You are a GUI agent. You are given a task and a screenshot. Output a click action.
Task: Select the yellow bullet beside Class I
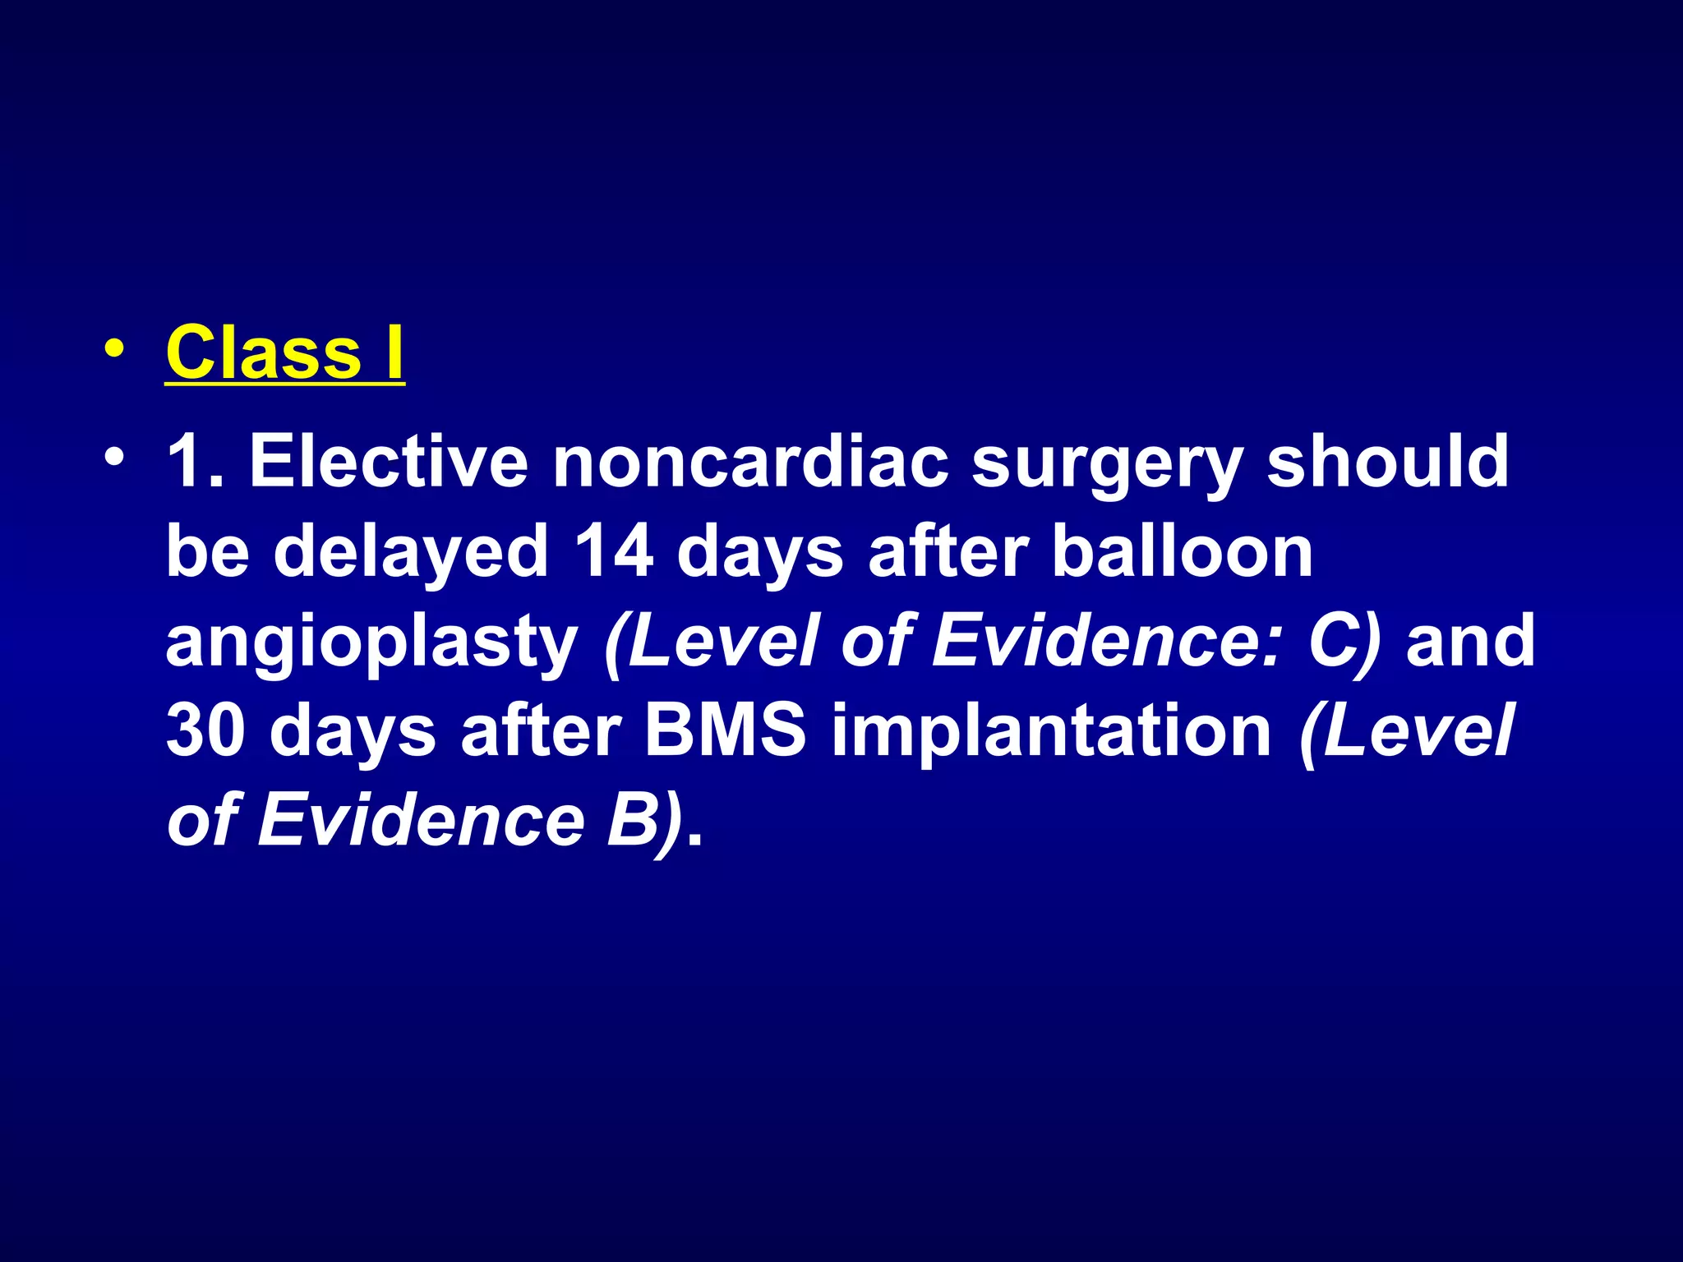115,349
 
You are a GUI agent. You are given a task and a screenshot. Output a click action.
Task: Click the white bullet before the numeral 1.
115,456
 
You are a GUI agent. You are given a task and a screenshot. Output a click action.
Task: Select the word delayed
411,552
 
